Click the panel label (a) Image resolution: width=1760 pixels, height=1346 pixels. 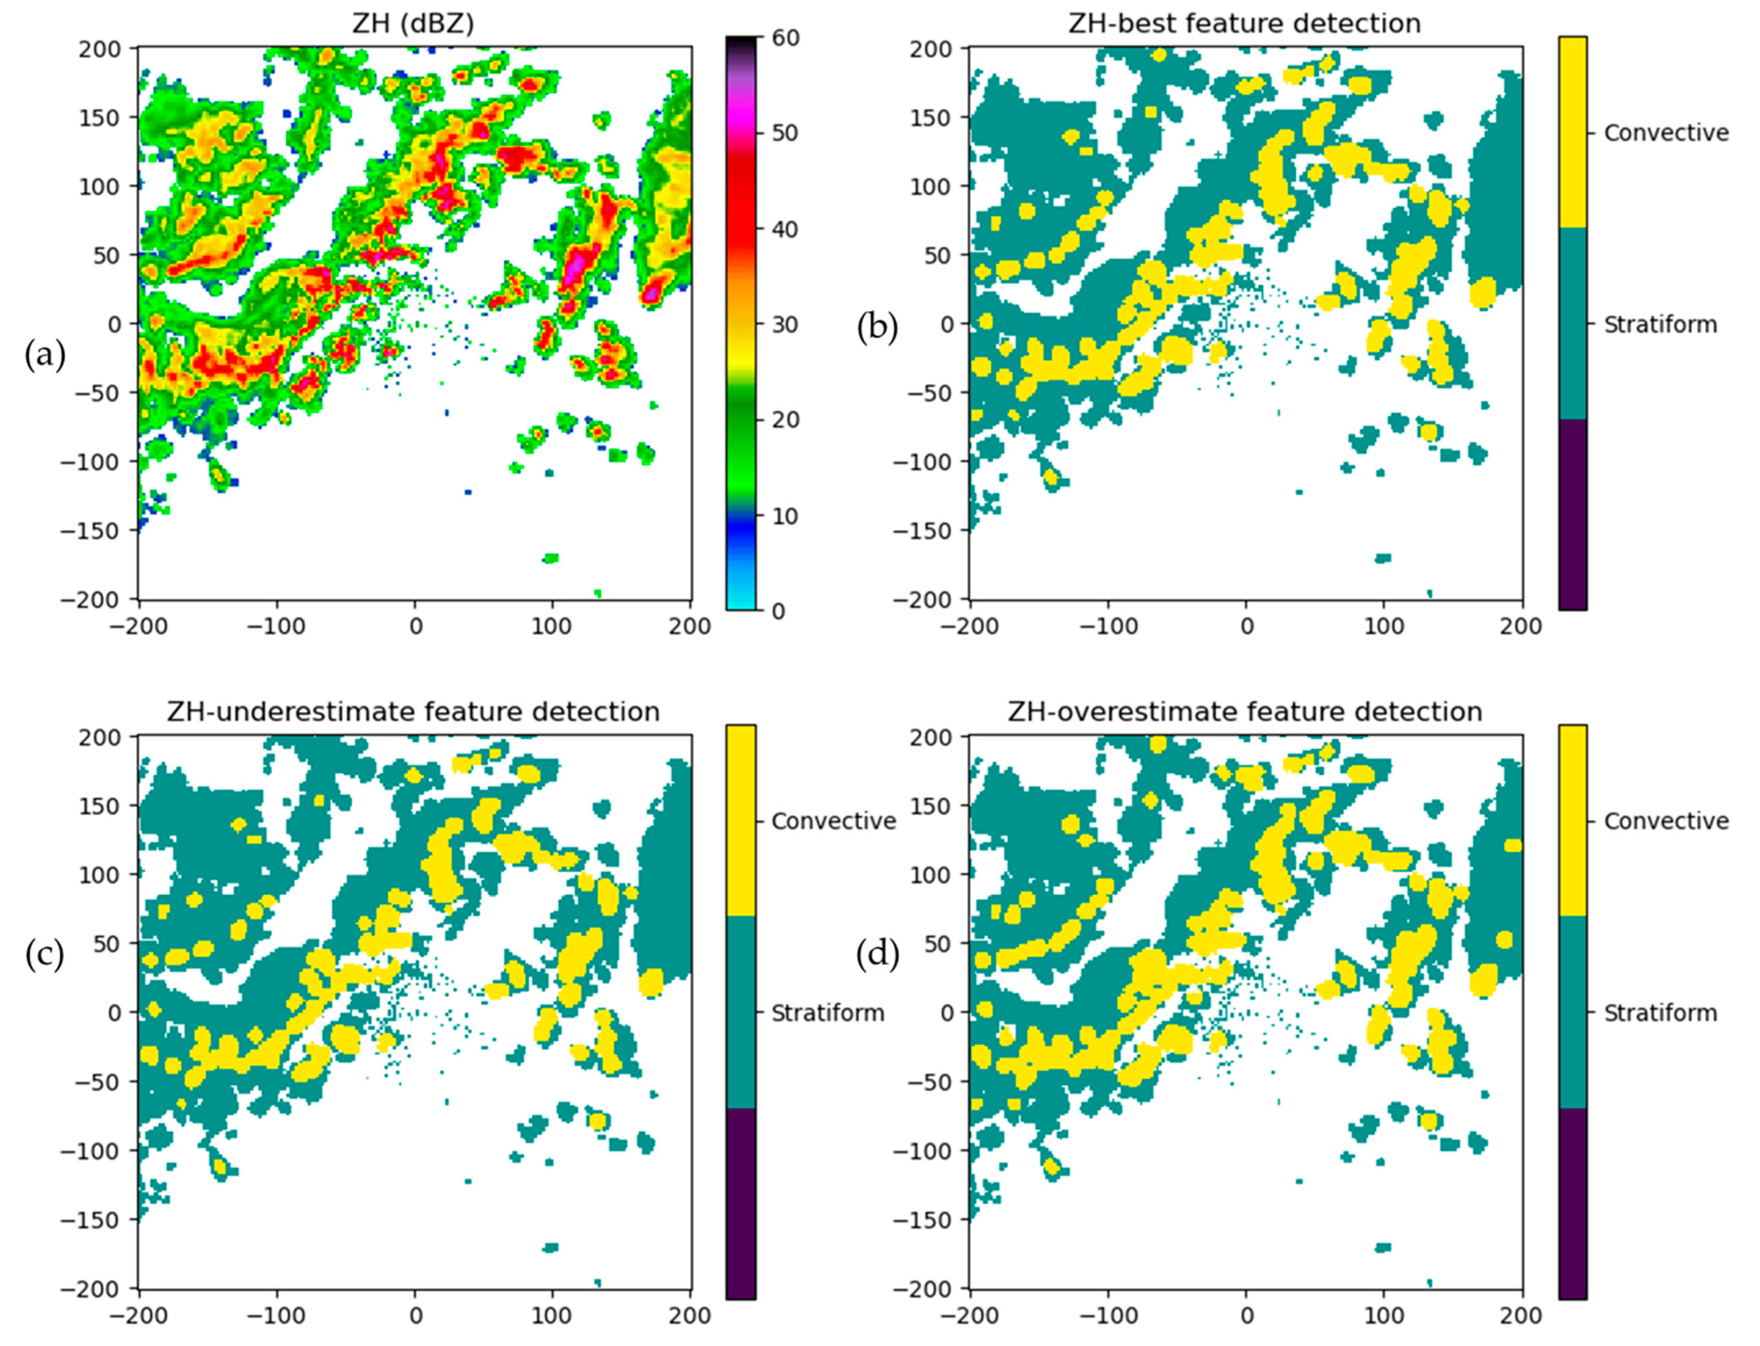45,354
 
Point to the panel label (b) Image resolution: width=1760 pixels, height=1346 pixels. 877,327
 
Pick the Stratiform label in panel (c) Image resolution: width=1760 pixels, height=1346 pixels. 827,1013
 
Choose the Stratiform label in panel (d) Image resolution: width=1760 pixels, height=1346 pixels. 1660,1013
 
